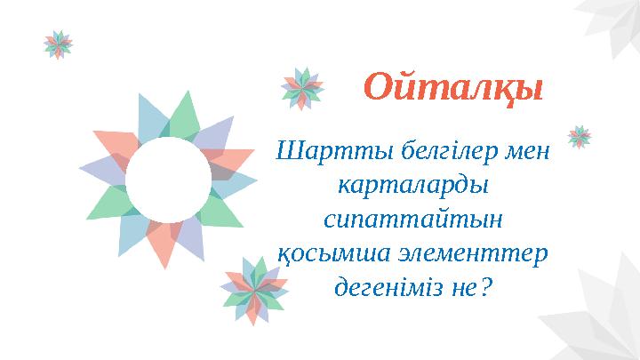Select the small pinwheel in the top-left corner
(59, 44)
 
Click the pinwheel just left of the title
(302, 88)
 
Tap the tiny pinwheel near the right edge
(580, 136)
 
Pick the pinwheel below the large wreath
(254, 289)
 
